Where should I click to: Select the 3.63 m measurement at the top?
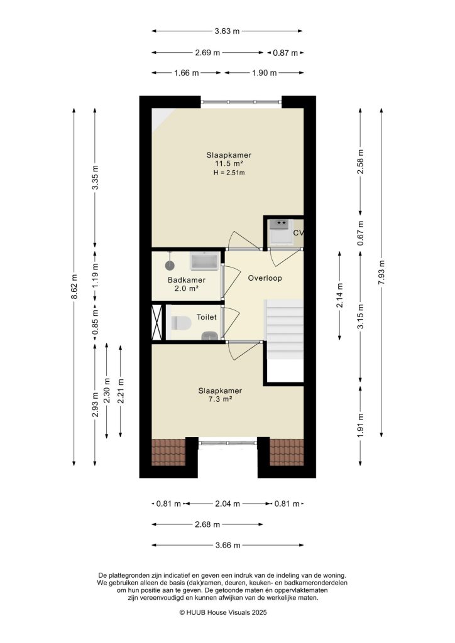pyautogui.click(x=227, y=31)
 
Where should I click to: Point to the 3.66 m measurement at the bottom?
pyautogui.click(x=227, y=546)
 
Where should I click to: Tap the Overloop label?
pyautogui.click(x=265, y=278)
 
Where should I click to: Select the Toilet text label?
pyautogui.click(x=206, y=318)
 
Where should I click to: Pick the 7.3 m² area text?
pyautogui.click(x=220, y=399)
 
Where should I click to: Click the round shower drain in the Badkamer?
pyautogui.click(x=169, y=266)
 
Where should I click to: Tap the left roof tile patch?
pyautogui.click(x=168, y=451)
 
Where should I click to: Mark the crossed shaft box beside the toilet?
pyautogui.click(x=157, y=323)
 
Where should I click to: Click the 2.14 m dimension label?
pyautogui.click(x=339, y=296)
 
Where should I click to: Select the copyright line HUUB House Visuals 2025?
pyautogui.click(x=227, y=612)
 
